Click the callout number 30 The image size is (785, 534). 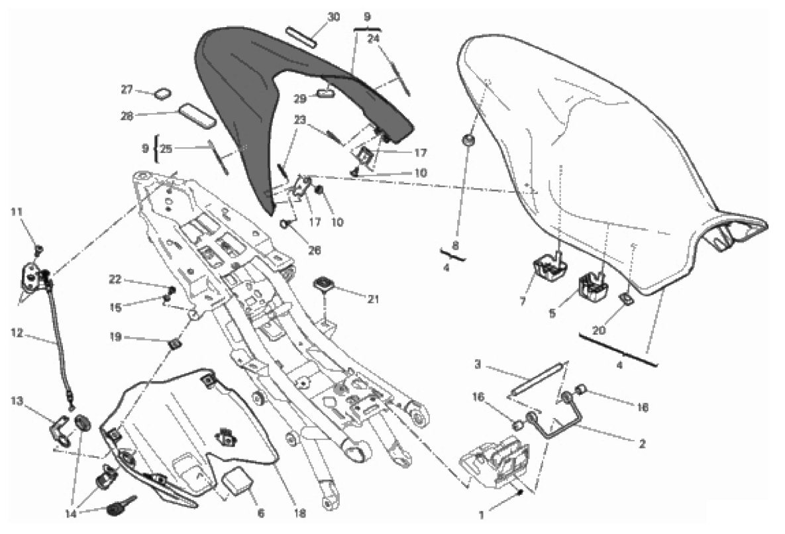click(334, 16)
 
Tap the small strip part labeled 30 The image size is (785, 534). click(303, 35)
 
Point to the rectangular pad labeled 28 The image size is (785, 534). click(197, 114)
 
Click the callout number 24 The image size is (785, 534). click(374, 38)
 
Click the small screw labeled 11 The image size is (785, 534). click(38, 249)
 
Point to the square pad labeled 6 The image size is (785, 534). click(238, 481)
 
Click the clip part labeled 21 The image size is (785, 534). click(323, 284)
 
